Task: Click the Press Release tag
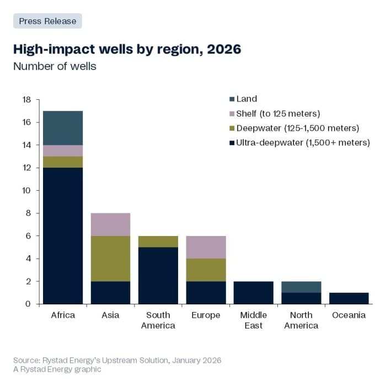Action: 47,21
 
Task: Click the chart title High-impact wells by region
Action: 127,49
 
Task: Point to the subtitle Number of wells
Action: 55,67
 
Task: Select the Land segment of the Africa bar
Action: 63,128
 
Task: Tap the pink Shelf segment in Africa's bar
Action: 63,151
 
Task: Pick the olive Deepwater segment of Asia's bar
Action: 110,259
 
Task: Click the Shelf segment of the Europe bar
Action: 206,247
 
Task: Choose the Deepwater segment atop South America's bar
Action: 158,242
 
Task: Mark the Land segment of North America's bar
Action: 301,287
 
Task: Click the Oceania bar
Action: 349,298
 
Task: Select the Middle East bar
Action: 254,292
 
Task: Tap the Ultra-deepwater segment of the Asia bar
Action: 110,292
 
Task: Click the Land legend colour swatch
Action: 232,99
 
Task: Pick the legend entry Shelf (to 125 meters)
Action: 278,114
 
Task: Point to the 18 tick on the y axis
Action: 26,100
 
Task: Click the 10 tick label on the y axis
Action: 26,191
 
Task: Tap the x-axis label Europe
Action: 206,315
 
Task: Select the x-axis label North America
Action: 301,320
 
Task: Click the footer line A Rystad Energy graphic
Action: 57,369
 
